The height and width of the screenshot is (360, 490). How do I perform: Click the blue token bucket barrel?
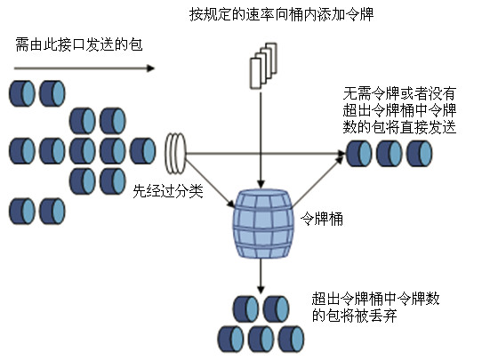(x=263, y=224)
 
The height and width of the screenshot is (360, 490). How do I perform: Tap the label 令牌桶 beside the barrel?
(x=322, y=219)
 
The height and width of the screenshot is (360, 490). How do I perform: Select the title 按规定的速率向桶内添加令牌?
(x=281, y=14)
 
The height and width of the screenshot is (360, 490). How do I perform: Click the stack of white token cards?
(x=263, y=66)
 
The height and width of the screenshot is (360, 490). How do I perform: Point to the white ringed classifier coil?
(x=175, y=153)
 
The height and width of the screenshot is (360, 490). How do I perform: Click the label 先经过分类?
(x=168, y=191)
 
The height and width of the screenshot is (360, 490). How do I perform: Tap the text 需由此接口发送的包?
(x=79, y=44)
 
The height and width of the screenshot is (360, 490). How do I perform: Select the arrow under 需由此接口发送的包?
(x=84, y=68)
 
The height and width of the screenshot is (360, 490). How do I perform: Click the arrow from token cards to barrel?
(x=261, y=139)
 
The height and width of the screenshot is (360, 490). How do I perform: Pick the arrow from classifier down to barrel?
(x=210, y=182)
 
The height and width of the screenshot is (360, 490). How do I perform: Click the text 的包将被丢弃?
(x=354, y=316)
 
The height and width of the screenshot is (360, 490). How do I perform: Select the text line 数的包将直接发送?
(x=399, y=127)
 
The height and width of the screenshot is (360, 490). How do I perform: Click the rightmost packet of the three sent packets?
(x=419, y=153)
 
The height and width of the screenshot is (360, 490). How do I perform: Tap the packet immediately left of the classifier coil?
(x=142, y=151)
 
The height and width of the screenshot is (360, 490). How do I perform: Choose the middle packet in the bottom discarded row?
(x=261, y=339)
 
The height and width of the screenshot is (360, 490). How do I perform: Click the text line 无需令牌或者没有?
(x=399, y=93)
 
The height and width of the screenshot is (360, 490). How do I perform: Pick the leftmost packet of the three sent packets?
(x=358, y=153)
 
